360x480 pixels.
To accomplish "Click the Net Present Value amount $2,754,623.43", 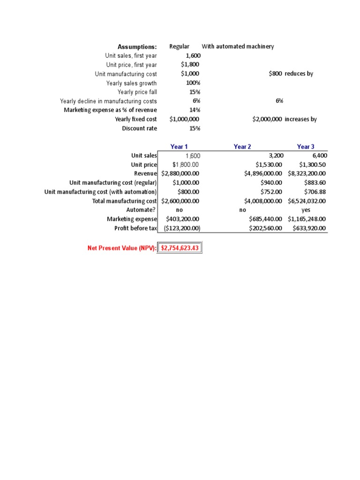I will pos(180,248).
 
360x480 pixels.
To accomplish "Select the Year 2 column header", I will pos(242,147).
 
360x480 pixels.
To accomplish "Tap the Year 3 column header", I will pos(306,147).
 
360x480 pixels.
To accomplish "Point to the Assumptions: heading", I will pos(137,47).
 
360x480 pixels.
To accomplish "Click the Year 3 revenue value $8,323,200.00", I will pos(307,173).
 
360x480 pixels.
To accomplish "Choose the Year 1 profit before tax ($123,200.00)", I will pos(182,228).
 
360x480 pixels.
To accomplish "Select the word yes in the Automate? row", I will pos(306,210).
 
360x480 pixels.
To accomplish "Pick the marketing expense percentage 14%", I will pos(195,110).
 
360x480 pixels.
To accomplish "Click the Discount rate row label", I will pos(140,128).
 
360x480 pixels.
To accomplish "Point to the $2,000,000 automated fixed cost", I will pos(267,120).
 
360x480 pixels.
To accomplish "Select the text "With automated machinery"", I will pos(238,46).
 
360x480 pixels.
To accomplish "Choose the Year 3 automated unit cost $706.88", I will pos(315,192).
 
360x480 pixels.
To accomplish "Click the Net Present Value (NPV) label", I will pos(122,248).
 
